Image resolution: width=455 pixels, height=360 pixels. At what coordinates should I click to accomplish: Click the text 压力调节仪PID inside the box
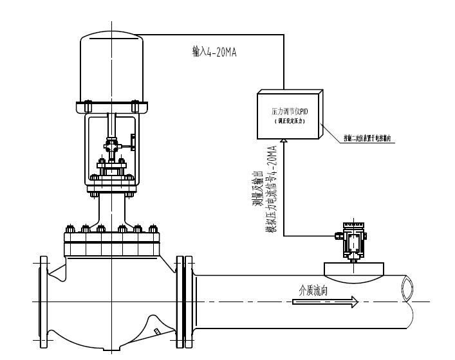(x=290, y=111)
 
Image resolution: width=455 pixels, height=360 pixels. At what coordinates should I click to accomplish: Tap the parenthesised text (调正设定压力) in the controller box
(x=290, y=120)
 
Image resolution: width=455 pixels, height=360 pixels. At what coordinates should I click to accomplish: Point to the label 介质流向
(x=313, y=291)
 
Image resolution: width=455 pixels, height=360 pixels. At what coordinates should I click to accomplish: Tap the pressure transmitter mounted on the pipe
(x=351, y=240)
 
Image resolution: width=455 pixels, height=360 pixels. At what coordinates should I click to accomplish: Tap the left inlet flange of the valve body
(x=43, y=301)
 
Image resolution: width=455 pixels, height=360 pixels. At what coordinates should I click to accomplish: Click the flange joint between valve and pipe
(x=184, y=302)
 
